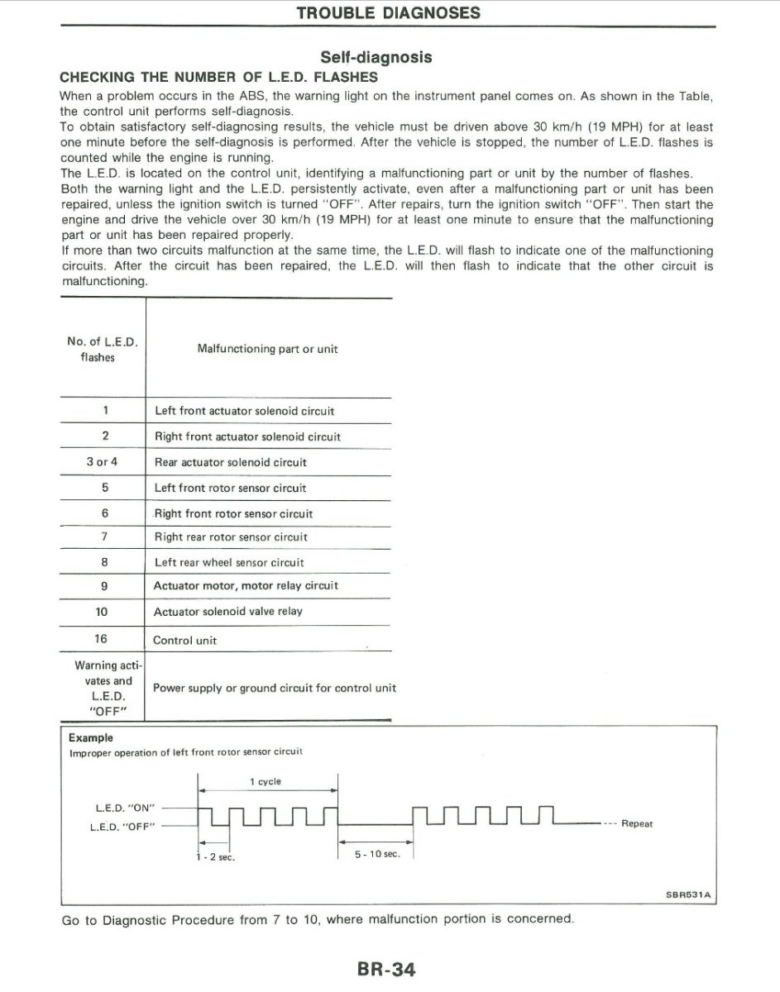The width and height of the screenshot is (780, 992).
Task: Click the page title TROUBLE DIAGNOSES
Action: [388, 12]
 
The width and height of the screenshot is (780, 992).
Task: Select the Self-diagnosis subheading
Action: [376, 57]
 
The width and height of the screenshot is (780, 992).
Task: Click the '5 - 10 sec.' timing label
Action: [377, 854]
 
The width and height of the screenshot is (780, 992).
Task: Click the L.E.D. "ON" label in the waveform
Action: [127, 807]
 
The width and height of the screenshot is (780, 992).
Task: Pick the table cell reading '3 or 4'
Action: [102, 462]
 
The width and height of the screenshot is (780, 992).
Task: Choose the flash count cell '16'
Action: [102, 639]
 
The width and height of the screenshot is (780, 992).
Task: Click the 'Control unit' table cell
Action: [185, 641]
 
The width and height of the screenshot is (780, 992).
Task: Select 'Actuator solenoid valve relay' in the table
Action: [228, 612]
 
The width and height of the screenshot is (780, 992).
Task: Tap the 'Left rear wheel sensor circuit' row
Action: [229, 562]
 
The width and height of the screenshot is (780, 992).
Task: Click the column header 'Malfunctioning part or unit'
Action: [267, 349]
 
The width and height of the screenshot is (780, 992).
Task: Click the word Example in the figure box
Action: [91, 737]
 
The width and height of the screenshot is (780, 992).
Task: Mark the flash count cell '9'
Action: [102, 585]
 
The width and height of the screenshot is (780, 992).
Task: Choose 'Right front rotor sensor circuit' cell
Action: [233, 513]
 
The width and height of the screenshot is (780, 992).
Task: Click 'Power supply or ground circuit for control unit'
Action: [275, 688]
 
